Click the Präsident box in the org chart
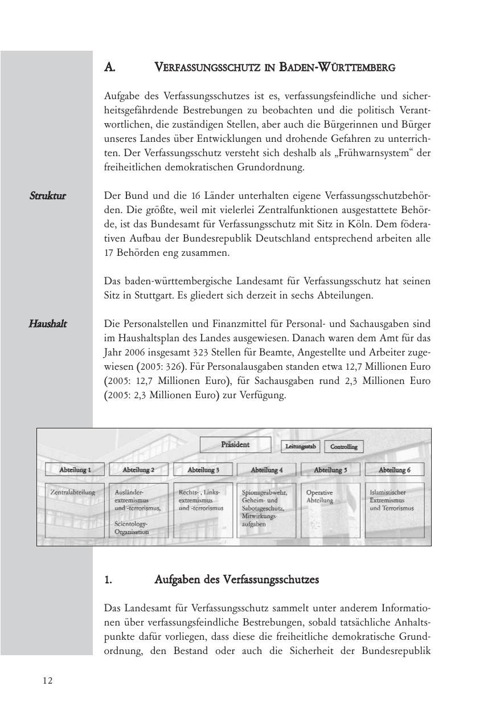[235, 445]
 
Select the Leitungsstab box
[301, 447]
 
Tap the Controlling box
[344, 447]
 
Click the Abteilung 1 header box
[75, 470]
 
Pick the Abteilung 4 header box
[267, 470]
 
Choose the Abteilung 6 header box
[394, 470]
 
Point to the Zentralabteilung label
[73, 492]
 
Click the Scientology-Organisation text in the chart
[132, 527]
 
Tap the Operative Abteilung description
[320, 496]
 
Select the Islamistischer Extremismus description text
[392, 500]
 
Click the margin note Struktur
[48, 196]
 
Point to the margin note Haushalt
[48, 324]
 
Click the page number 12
[47, 680]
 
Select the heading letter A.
[110, 67]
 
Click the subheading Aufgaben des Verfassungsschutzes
[236, 580]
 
